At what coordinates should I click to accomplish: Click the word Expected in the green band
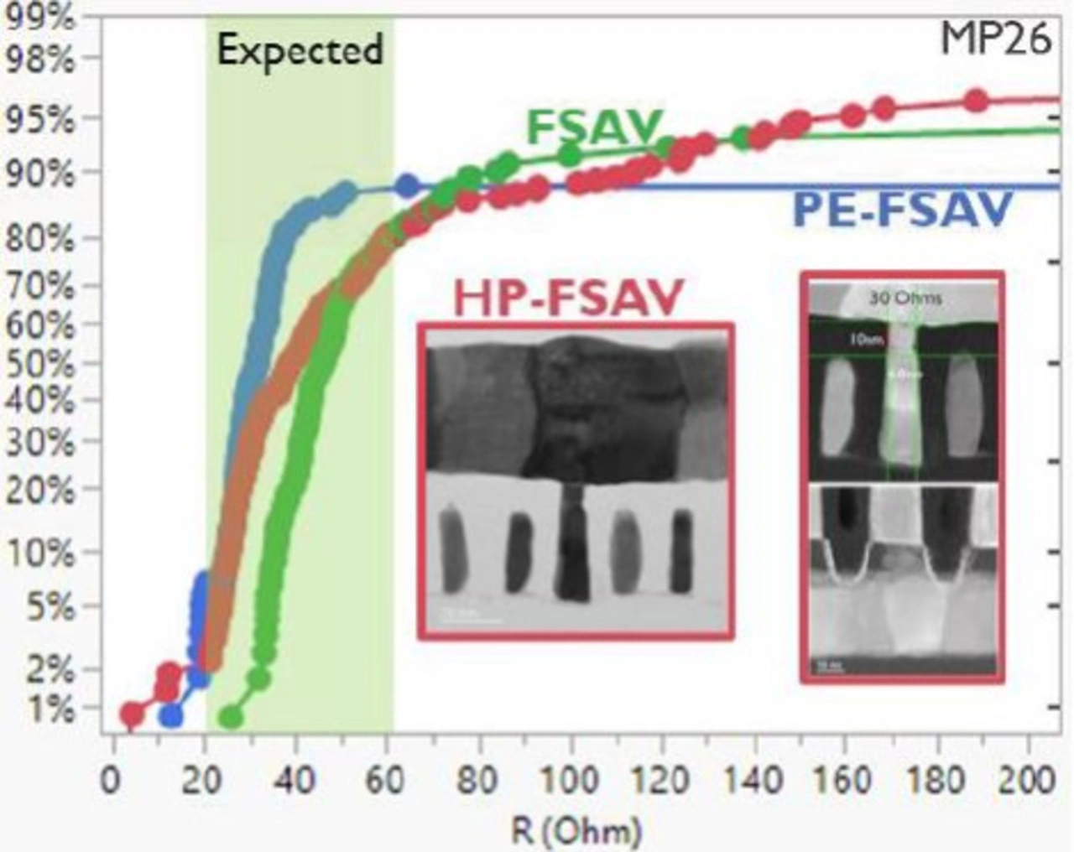point(300,50)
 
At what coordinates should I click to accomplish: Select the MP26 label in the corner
point(995,39)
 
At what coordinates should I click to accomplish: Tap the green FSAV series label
point(594,127)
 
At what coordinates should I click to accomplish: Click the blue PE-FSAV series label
point(901,210)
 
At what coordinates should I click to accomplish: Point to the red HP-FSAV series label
point(569,297)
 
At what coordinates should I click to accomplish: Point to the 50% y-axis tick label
point(40,364)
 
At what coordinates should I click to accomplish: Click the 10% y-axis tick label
point(40,553)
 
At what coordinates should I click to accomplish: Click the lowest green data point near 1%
point(231,717)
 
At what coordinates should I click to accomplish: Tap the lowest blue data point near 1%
point(171,716)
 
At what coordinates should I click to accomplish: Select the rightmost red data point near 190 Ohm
point(976,101)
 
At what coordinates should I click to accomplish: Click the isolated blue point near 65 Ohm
point(407,185)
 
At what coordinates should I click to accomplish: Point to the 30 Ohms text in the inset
point(905,298)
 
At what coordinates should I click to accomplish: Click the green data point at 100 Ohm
point(570,154)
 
